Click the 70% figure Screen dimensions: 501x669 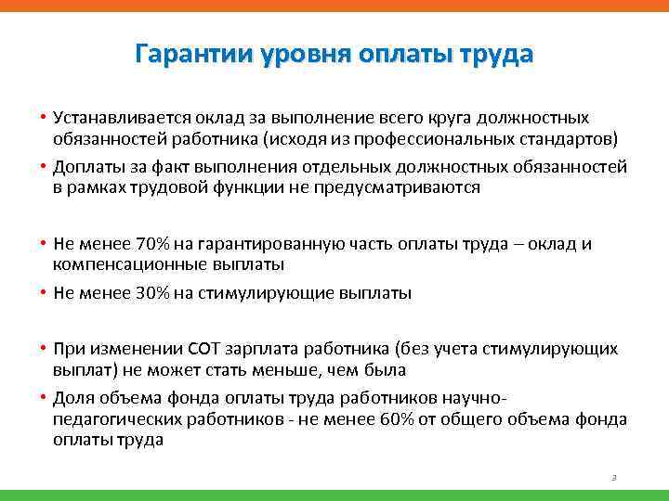152,244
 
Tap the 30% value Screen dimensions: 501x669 152,293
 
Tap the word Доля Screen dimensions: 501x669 73,399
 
